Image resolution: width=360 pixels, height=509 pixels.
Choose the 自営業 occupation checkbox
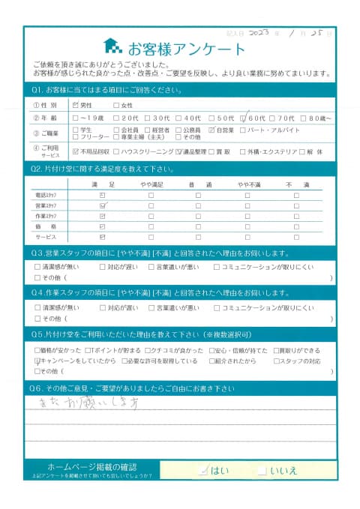click(x=211, y=130)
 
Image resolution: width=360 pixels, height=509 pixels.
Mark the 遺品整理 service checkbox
click(x=181, y=151)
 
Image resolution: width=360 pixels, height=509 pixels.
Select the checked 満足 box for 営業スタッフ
click(x=102, y=205)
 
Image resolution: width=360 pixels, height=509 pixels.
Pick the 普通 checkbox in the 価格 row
click(x=199, y=225)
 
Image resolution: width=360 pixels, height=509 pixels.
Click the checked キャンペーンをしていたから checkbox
click(x=37, y=361)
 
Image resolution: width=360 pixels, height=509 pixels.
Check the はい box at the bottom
click(x=204, y=470)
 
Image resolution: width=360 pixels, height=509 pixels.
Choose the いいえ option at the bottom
click(x=262, y=470)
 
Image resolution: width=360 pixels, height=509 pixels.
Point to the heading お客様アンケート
click(x=186, y=49)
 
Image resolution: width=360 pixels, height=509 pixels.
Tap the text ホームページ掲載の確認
click(x=91, y=466)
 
